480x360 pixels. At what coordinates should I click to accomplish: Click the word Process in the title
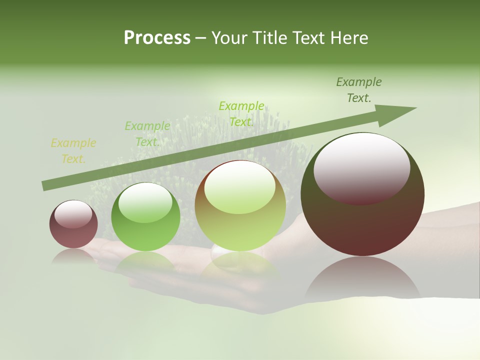point(157,38)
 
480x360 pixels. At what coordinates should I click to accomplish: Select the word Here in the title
point(349,38)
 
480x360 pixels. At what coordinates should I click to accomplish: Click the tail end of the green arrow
point(45,186)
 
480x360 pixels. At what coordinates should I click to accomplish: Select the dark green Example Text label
point(358,90)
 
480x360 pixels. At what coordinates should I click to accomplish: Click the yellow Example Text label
point(73,151)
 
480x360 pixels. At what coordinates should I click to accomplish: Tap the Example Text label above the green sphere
point(147,134)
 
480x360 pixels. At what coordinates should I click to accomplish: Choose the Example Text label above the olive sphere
point(241,114)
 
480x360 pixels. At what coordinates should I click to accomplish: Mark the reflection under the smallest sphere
point(73,256)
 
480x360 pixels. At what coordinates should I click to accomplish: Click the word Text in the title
point(309,38)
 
